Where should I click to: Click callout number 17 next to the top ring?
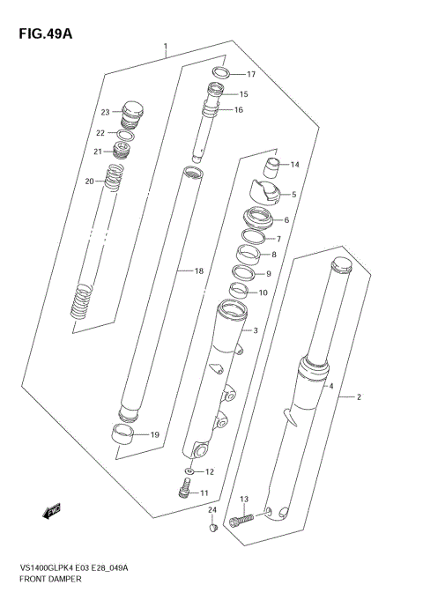coord(250,74)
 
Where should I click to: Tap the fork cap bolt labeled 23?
coord(132,112)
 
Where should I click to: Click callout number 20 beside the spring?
coord(89,181)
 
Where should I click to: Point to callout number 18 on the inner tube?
coord(198,272)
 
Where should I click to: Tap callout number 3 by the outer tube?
coord(255,330)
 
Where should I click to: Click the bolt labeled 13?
coord(240,521)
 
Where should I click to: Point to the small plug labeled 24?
coord(211,528)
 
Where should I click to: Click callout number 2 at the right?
coord(360,396)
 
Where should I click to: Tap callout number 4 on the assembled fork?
coord(330,387)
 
